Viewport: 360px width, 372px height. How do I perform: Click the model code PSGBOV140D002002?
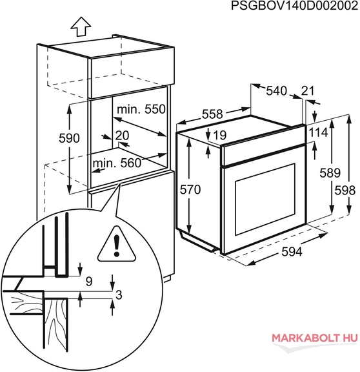click(295, 6)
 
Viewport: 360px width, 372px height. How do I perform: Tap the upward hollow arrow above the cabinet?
click(81, 26)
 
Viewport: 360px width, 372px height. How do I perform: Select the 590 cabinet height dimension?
click(69, 138)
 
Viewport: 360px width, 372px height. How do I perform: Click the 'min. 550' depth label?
click(141, 109)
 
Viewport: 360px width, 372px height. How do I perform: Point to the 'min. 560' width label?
click(117, 163)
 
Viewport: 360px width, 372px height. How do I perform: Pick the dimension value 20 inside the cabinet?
click(123, 136)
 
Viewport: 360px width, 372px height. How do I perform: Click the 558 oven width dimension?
click(212, 114)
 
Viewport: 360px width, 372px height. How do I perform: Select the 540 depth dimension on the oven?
click(276, 91)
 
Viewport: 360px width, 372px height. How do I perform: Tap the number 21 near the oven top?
click(308, 91)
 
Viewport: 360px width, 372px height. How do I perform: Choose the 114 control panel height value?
click(318, 132)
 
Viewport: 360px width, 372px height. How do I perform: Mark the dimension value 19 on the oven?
click(220, 135)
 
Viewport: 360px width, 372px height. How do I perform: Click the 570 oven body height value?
click(190, 190)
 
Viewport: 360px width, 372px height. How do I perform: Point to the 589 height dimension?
click(330, 172)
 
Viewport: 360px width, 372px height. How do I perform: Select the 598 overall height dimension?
click(345, 191)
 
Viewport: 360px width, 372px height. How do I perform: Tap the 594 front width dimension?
click(292, 252)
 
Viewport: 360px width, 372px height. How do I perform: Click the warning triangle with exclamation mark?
click(117, 244)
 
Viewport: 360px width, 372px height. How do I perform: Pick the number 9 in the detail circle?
click(89, 282)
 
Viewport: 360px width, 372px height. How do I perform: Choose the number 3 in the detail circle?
click(119, 295)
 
